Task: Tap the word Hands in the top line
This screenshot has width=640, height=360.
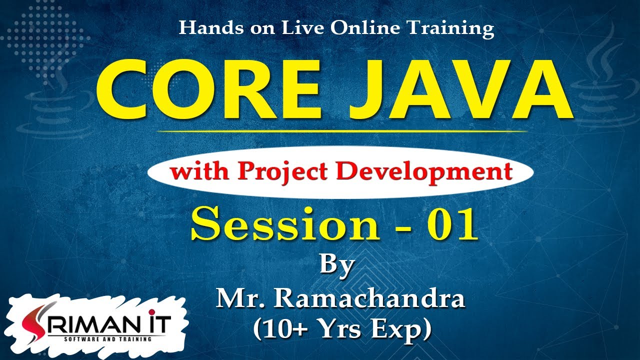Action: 202,28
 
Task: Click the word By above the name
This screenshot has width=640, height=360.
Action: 337,265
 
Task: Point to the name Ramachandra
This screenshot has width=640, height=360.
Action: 369,299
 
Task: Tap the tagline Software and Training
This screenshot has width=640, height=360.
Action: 107,339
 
